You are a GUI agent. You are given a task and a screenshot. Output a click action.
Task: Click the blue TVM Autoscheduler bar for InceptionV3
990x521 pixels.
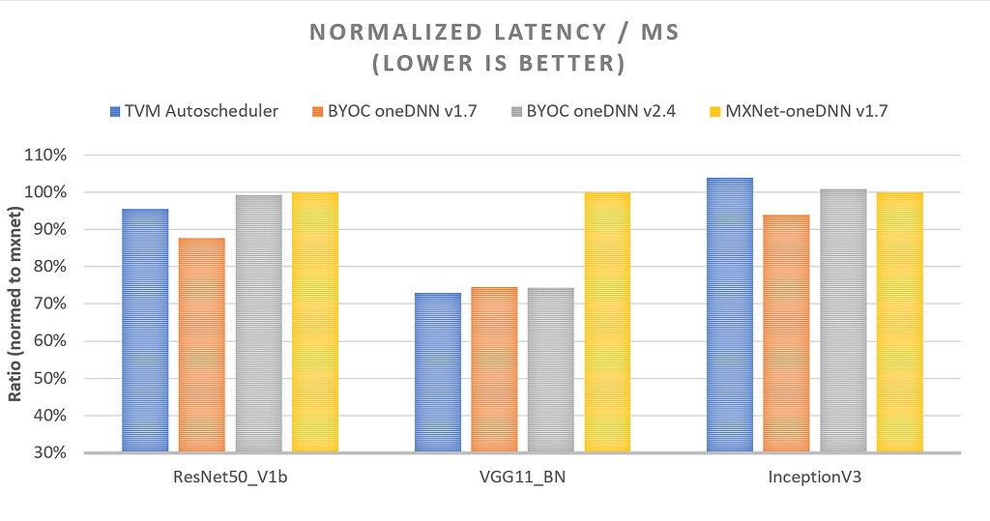click(729, 315)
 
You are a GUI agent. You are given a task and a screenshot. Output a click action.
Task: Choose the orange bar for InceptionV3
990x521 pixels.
click(786, 333)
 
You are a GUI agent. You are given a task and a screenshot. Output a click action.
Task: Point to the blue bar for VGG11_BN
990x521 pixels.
click(438, 372)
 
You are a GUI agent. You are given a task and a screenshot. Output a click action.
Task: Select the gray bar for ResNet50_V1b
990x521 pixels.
click(258, 324)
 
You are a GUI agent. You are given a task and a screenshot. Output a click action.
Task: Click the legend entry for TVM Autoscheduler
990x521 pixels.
click(194, 111)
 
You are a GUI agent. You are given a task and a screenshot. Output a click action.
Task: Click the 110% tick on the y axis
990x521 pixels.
click(48, 156)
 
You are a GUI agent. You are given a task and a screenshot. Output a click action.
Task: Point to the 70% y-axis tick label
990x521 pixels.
click(52, 304)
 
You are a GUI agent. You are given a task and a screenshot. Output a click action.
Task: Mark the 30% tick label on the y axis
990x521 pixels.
click(52, 453)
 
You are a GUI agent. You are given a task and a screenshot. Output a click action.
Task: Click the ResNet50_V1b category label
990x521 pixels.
click(230, 478)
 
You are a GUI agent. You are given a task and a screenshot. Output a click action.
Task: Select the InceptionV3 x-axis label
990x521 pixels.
click(813, 478)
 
